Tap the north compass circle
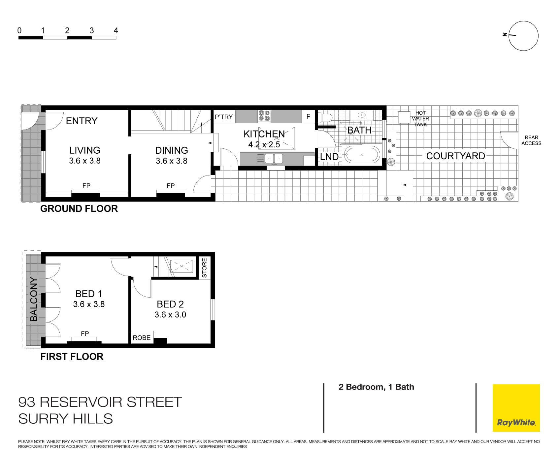[x=523, y=36]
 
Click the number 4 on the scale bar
[x=116, y=31]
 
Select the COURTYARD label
[x=455, y=156]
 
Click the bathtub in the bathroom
[x=362, y=155]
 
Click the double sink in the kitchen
[x=274, y=159]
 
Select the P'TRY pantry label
[x=224, y=117]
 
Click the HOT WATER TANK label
[x=420, y=119]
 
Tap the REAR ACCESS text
[x=531, y=140]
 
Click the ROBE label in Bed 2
[x=142, y=338]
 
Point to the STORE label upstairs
[x=204, y=268]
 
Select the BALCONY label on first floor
[x=34, y=299]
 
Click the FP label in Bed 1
[x=85, y=334]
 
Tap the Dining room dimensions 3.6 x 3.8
[x=171, y=161]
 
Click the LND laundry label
[x=329, y=157]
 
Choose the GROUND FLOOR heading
[x=79, y=209]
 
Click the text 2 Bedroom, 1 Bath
[x=376, y=387]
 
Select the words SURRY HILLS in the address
[x=65, y=419]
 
